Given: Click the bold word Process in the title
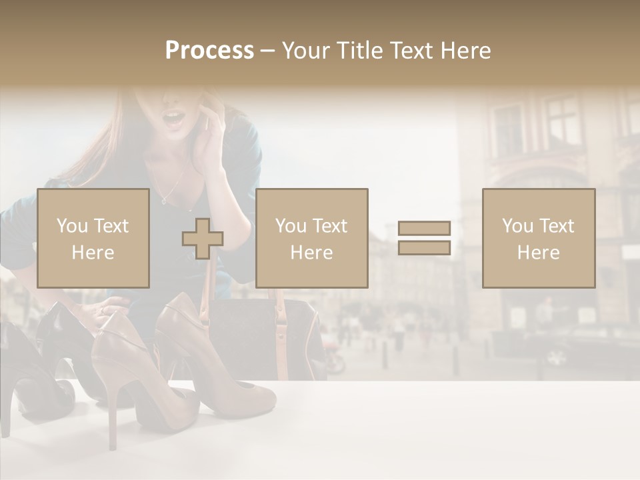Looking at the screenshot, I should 209,51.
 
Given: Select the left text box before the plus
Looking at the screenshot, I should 93,238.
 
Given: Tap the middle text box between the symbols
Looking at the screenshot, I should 311,238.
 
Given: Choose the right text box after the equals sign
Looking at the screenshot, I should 539,238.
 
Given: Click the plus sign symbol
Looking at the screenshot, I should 203,238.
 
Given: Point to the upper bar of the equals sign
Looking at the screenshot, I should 424,228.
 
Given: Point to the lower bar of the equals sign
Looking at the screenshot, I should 424,247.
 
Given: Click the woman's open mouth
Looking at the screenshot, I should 175,120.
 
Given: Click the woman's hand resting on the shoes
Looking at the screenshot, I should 107,308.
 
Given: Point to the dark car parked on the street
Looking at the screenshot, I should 580,347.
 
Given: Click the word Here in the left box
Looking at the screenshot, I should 93,253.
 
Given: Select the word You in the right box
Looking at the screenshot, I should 517,226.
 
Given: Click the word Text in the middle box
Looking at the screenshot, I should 330,226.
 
